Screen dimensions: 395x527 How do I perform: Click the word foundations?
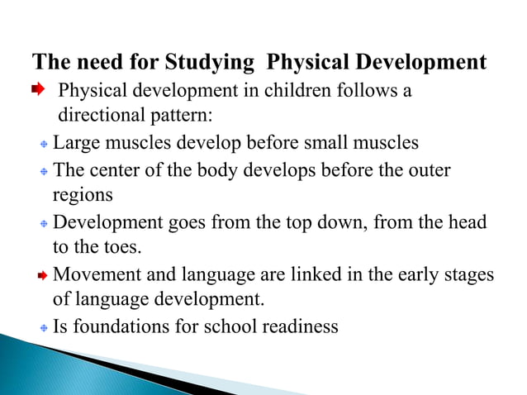pyautogui.click(x=115, y=326)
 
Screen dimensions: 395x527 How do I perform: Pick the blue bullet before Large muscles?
pyautogui.click(x=44, y=145)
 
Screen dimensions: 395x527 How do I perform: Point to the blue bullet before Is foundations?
pyautogui.click(x=44, y=328)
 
